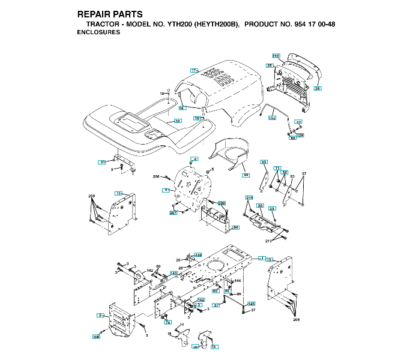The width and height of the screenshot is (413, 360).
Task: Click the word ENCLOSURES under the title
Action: [x=98, y=32]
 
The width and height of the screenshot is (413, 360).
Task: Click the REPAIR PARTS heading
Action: [x=110, y=14]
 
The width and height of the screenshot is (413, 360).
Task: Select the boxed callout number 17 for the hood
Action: [x=194, y=70]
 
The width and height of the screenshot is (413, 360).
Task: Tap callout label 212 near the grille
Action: [x=276, y=55]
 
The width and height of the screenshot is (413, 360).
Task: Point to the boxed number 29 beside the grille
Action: [x=318, y=88]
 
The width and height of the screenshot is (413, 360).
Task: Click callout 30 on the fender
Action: [x=177, y=121]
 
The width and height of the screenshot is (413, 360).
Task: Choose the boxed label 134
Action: [x=271, y=119]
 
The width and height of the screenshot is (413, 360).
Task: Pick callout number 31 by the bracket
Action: [x=103, y=162]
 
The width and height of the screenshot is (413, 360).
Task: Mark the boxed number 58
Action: [x=246, y=175]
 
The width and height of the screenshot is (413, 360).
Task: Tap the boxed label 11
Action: [x=119, y=193]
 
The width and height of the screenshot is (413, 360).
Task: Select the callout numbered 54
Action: [x=236, y=227]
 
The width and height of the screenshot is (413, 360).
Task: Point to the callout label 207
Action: [x=173, y=213]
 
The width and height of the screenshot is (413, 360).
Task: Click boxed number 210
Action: [x=249, y=197]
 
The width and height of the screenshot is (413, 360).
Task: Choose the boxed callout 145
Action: [x=252, y=304]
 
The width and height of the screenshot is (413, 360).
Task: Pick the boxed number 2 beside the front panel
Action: [x=99, y=315]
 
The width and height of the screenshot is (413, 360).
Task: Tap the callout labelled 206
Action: [x=96, y=337]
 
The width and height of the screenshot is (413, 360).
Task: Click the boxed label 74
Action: [x=168, y=322]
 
